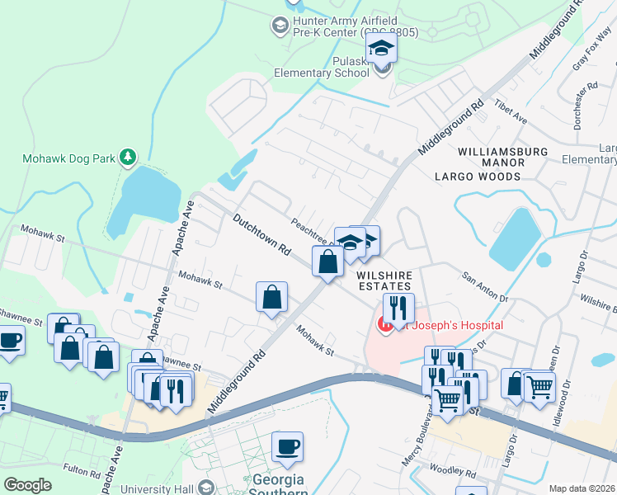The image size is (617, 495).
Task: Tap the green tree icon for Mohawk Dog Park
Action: [x=127, y=156]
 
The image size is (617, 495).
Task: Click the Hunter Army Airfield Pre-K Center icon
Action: [x=279, y=26]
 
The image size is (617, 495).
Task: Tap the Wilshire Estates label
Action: [x=384, y=279]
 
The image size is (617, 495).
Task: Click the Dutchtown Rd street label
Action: [x=263, y=234]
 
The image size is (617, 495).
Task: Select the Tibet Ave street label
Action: [x=510, y=113]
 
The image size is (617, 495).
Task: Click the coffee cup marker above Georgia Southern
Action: [x=287, y=447]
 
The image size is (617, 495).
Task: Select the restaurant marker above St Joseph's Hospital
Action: [x=398, y=309]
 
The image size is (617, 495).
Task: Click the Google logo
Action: [x=28, y=485]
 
